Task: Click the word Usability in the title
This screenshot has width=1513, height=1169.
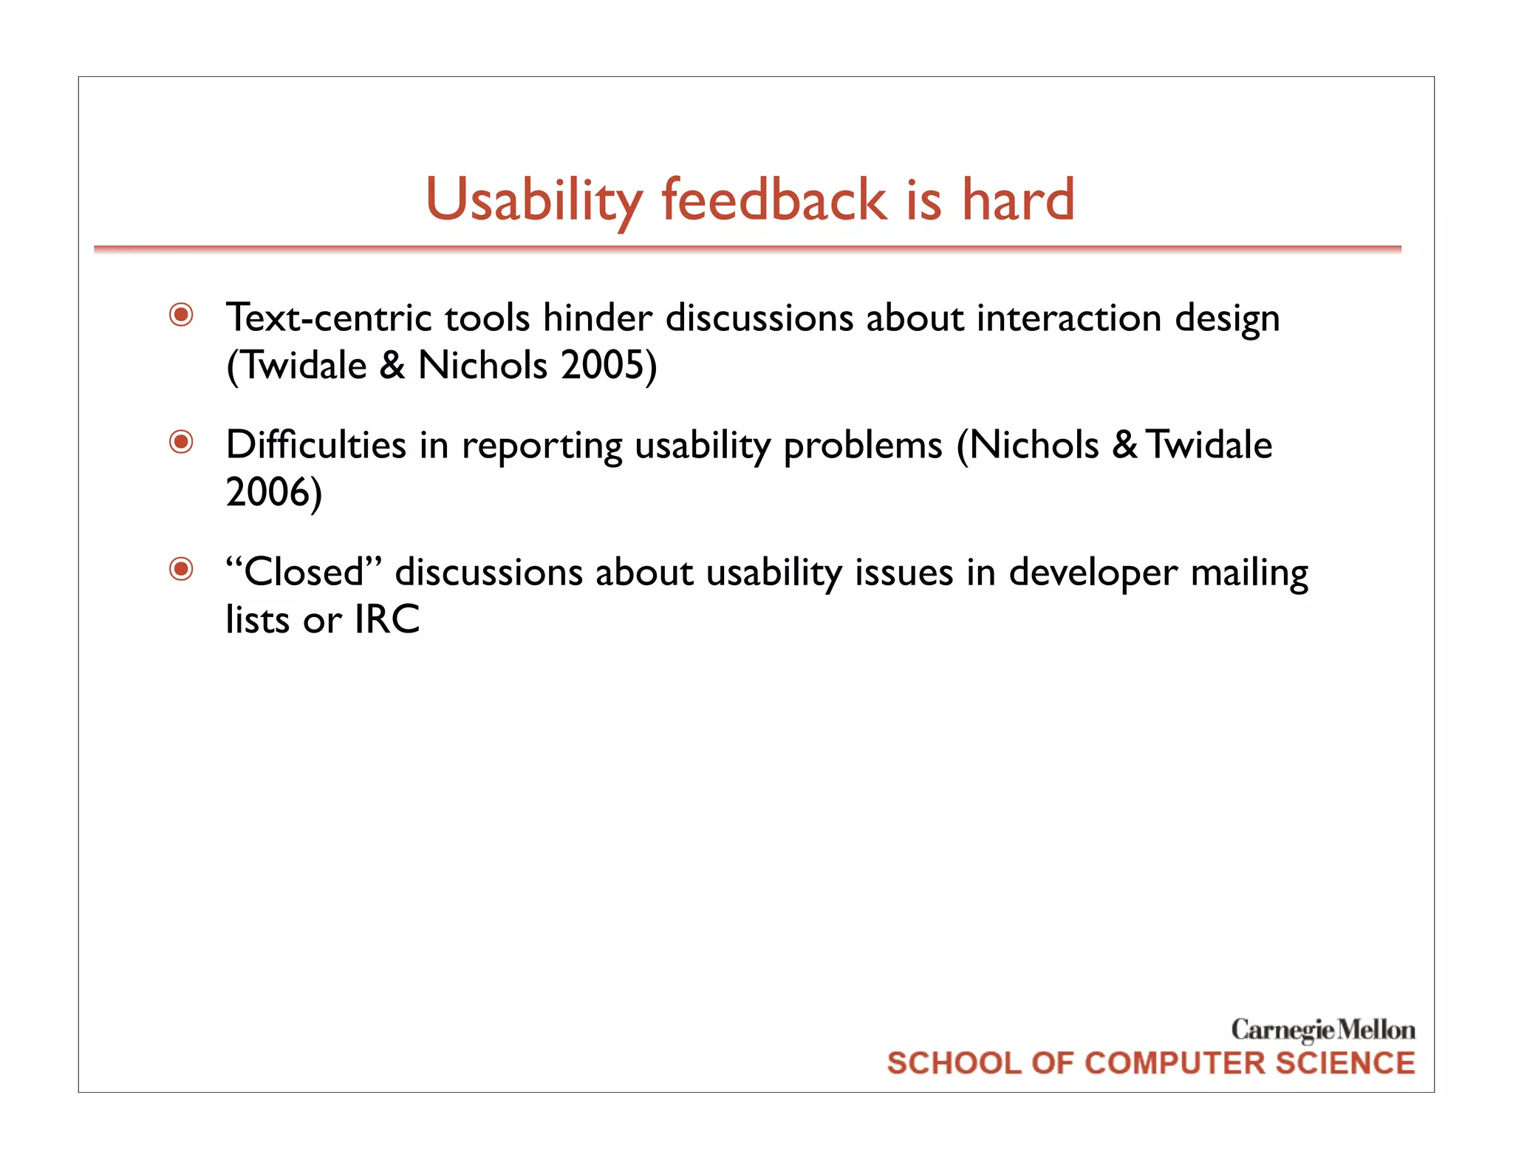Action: coord(533,200)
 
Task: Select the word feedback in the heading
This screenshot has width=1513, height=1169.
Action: coord(773,200)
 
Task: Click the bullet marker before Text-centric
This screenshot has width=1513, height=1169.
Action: coord(181,316)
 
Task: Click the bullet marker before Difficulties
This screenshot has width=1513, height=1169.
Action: coord(181,443)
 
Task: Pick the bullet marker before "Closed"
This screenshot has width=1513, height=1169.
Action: coord(181,570)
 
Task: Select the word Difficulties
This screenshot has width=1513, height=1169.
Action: coord(316,445)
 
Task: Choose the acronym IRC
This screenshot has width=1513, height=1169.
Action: coord(387,619)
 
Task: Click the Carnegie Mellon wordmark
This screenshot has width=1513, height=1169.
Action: coord(1322,1029)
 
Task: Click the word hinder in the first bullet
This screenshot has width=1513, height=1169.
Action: coord(597,318)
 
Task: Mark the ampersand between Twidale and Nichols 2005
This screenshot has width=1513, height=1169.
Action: coord(392,365)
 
